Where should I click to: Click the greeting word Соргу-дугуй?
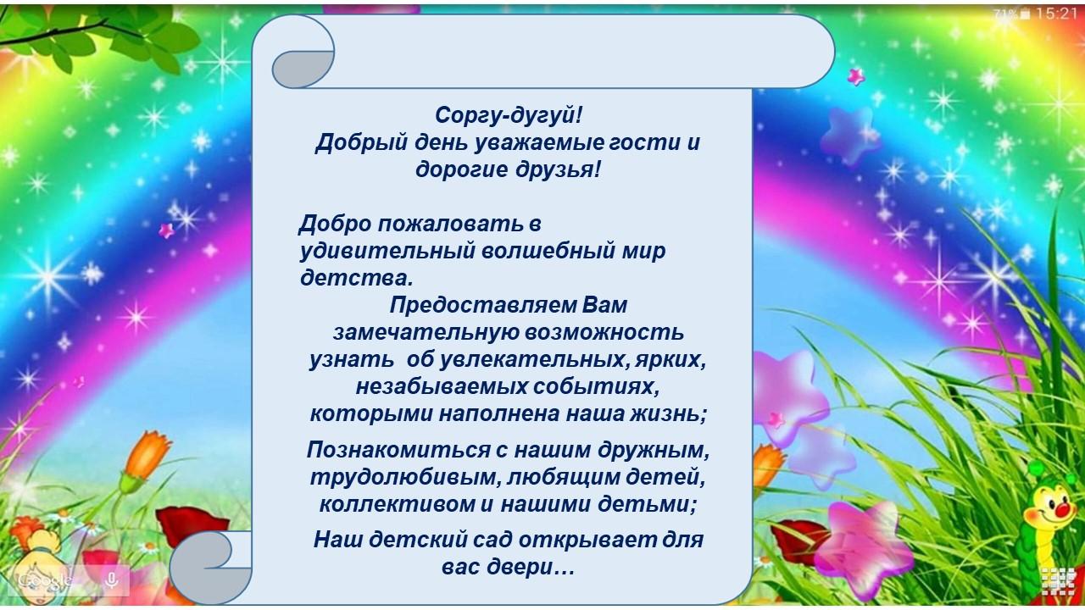coord(508,116)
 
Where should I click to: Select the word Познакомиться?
coord(398,450)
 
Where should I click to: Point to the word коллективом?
coord(398,504)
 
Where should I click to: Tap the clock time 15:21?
coord(1056,14)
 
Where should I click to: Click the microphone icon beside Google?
coord(112,579)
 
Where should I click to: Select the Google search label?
coord(45,579)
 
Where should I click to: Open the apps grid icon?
coord(1059,582)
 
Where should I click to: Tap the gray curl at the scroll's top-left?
coord(303,69)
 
